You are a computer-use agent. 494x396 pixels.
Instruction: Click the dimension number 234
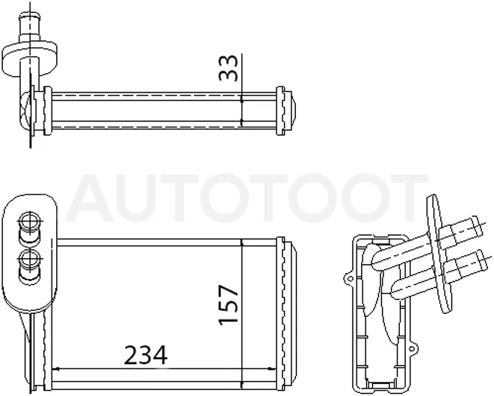146,355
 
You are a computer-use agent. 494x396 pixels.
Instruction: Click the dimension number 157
228,304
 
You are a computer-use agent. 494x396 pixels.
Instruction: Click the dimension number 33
229,68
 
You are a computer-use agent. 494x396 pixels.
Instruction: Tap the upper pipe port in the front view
30,227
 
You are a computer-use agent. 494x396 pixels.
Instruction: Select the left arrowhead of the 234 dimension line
56,368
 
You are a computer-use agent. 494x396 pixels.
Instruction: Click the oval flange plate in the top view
30,59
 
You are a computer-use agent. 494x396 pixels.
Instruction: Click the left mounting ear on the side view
349,278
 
